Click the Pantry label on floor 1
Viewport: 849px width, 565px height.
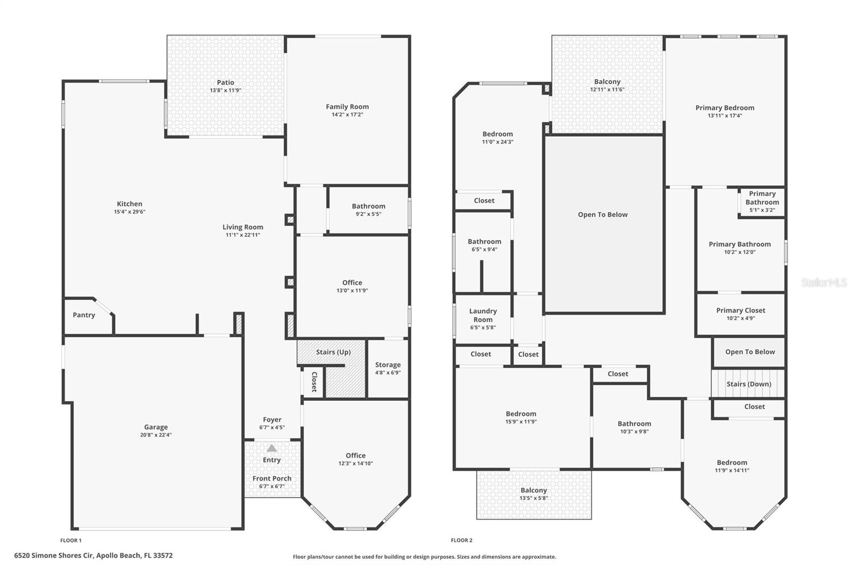click(84, 315)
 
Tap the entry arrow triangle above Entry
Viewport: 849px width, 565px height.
click(272, 448)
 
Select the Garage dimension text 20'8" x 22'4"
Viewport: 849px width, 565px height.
click(155, 435)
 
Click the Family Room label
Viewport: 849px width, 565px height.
click(347, 107)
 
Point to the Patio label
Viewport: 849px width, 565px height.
click(226, 82)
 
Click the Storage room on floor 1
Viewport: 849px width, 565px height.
click(388, 368)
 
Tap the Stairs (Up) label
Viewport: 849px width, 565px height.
click(333, 352)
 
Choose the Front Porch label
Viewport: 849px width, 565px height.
click(272, 478)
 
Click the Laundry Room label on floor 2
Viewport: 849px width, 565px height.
click(483, 315)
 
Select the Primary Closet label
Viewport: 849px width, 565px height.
click(740, 311)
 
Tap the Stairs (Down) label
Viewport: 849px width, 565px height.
click(749, 384)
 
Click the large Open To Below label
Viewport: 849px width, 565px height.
click(603, 215)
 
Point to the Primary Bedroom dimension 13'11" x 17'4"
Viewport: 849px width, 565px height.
click(725, 116)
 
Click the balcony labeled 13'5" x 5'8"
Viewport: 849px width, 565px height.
click(534, 494)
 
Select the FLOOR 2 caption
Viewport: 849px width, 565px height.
click(461, 541)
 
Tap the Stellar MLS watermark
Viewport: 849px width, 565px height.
click(824, 282)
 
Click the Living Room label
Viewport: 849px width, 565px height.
click(242, 227)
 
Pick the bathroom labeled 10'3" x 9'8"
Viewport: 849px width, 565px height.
click(635, 427)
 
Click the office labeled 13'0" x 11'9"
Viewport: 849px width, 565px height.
click(352, 286)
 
